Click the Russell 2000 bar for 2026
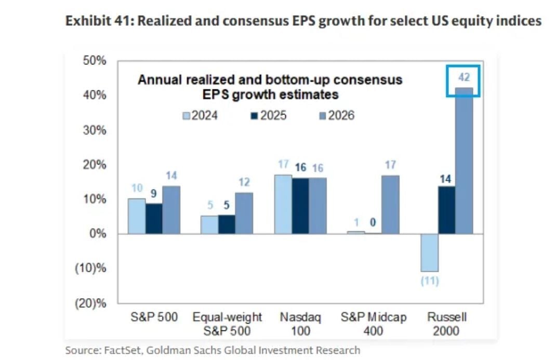tap(464, 161)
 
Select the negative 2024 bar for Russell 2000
tap(430, 252)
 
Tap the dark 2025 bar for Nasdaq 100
tap(300, 206)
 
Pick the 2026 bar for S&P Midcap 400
tap(390, 205)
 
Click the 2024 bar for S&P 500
tap(137, 216)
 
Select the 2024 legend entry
tap(200, 115)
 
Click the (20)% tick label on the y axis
tap(91, 303)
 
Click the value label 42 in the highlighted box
tap(464, 77)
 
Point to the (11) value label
tap(429, 282)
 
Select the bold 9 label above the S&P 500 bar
tap(154, 194)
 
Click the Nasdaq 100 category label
tap(300, 324)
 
